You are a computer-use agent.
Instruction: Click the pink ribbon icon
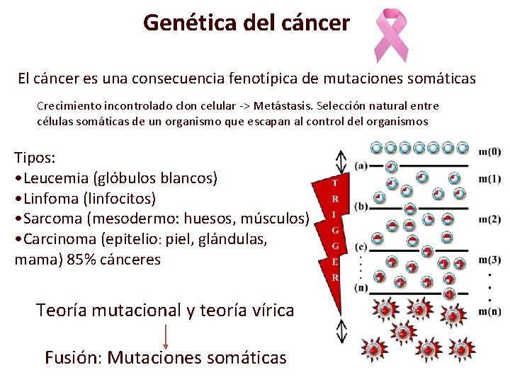pyautogui.click(x=390, y=35)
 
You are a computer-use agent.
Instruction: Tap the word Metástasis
pyautogui.click(x=284, y=106)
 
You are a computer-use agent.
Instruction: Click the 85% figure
pyautogui.click(x=84, y=260)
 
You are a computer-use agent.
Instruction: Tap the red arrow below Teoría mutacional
pyautogui.click(x=166, y=334)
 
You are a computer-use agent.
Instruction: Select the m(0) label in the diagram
pyautogui.click(x=489, y=151)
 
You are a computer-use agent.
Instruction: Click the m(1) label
pyautogui.click(x=489, y=178)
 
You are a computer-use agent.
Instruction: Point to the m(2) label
pyautogui.click(x=489, y=219)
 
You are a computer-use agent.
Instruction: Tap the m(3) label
pyautogui.click(x=489, y=259)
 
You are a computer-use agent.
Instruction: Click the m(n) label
pyautogui.click(x=489, y=312)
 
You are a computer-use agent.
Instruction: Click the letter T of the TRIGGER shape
pyautogui.click(x=334, y=183)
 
